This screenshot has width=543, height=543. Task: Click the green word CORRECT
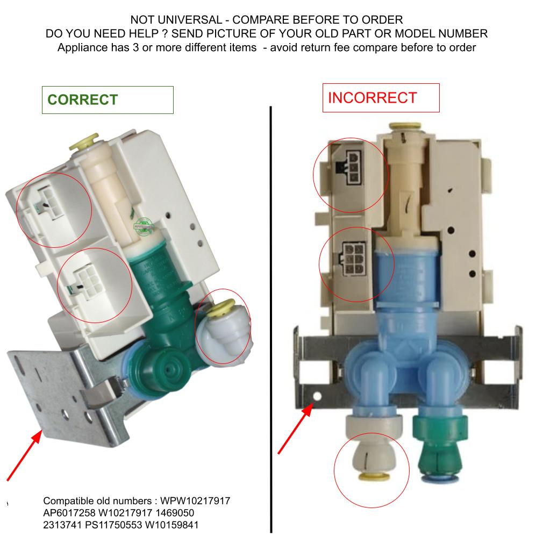(83, 100)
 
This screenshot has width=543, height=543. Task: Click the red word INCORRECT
(372, 98)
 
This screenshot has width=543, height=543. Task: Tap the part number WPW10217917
(195, 501)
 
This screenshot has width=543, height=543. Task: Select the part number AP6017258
(69, 513)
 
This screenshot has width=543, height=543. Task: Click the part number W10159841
(172, 525)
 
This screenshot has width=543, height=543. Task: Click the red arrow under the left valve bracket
(24, 455)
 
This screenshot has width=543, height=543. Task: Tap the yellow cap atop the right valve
(405, 126)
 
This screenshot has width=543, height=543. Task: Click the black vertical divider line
(271, 319)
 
